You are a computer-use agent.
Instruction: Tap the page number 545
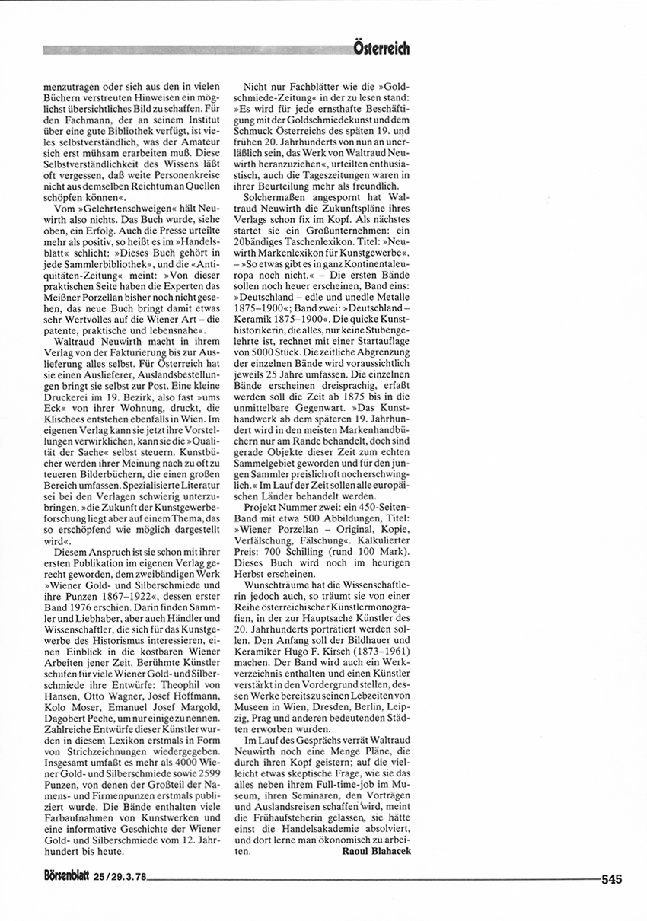611,879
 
